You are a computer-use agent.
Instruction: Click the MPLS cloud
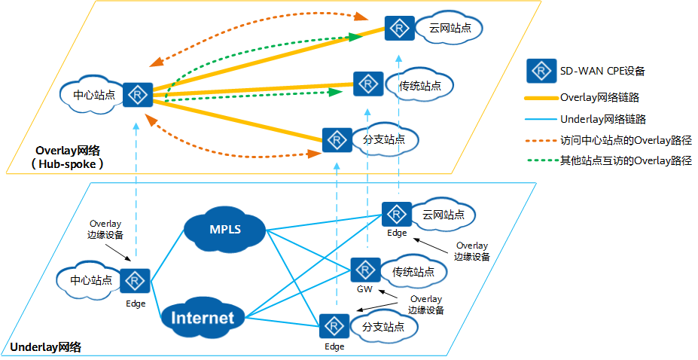[225, 230]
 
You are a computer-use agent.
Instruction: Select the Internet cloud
[203, 318]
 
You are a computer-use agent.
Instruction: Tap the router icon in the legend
[541, 71]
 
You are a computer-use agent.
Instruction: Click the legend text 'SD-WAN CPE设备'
[602, 71]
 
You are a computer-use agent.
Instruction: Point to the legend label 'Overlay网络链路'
[599, 97]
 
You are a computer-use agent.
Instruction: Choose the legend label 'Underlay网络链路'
[603, 119]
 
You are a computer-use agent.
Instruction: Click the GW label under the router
[364, 289]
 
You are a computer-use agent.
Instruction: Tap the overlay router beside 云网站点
[399, 29]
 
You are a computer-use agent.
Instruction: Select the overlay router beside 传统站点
[368, 84]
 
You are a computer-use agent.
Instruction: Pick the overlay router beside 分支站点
[337, 140]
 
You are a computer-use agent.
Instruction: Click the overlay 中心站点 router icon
[138, 95]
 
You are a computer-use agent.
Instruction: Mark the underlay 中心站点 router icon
[135, 281]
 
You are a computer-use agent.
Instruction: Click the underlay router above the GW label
[365, 270]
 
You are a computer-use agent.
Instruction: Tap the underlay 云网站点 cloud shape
[443, 215]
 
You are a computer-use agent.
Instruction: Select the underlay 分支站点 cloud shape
[383, 327]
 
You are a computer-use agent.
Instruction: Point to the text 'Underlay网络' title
[45, 347]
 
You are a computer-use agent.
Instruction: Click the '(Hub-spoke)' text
[67, 164]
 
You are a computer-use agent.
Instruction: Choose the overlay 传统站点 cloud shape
[419, 86]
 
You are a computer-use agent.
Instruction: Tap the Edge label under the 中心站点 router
[136, 304]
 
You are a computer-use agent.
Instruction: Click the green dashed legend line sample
[542, 160]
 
